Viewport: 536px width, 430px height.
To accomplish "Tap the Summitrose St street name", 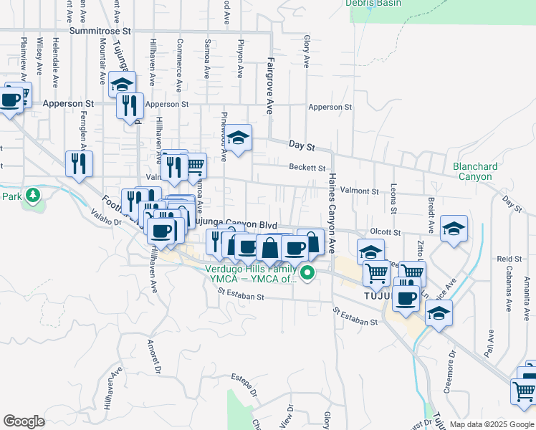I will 102,32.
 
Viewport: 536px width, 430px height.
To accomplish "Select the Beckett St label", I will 307,167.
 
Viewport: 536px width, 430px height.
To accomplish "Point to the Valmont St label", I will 359,191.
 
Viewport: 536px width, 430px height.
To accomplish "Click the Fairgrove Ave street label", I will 270,87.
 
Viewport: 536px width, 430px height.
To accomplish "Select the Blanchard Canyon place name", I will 475,171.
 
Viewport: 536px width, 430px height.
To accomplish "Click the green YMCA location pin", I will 308,272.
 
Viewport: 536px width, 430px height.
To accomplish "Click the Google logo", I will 24,421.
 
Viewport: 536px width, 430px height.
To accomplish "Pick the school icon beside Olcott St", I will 454,229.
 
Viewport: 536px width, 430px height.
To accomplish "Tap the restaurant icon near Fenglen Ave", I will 79,163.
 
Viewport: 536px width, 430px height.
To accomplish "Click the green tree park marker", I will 32,195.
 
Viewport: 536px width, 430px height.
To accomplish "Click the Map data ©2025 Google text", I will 492,424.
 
